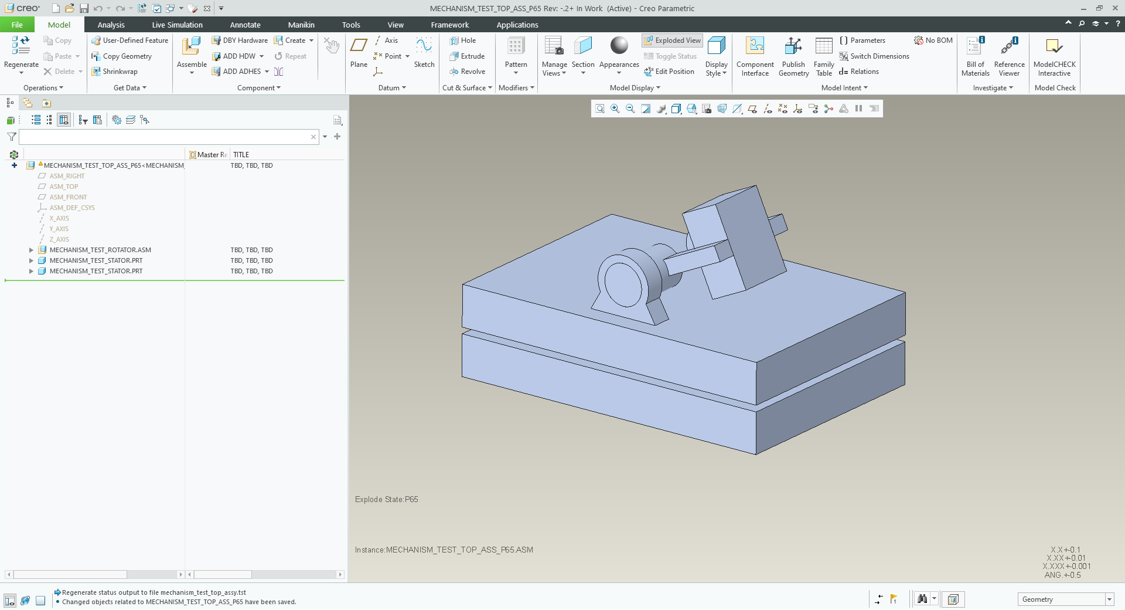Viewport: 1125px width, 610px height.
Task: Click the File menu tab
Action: (17, 25)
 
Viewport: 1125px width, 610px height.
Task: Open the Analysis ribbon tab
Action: (111, 25)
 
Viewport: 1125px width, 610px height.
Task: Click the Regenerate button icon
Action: (21, 46)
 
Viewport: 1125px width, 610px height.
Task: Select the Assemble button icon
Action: (192, 46)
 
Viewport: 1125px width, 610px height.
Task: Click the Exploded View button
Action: (672, 40)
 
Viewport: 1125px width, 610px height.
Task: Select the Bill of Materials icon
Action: (975, 46)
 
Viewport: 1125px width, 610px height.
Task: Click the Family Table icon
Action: (823, 46)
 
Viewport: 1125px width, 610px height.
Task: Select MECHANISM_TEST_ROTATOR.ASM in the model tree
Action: (100, 250)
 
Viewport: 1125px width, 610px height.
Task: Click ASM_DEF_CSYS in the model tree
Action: (71, 208)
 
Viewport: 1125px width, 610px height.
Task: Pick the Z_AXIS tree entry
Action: (59, 239)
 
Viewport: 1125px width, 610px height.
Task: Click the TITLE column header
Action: (241, 155)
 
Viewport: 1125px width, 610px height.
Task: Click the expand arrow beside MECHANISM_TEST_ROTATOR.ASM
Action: (31, 250)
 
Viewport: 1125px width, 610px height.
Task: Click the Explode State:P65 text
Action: (386, 500)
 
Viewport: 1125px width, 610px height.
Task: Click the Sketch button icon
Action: (424, 46)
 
